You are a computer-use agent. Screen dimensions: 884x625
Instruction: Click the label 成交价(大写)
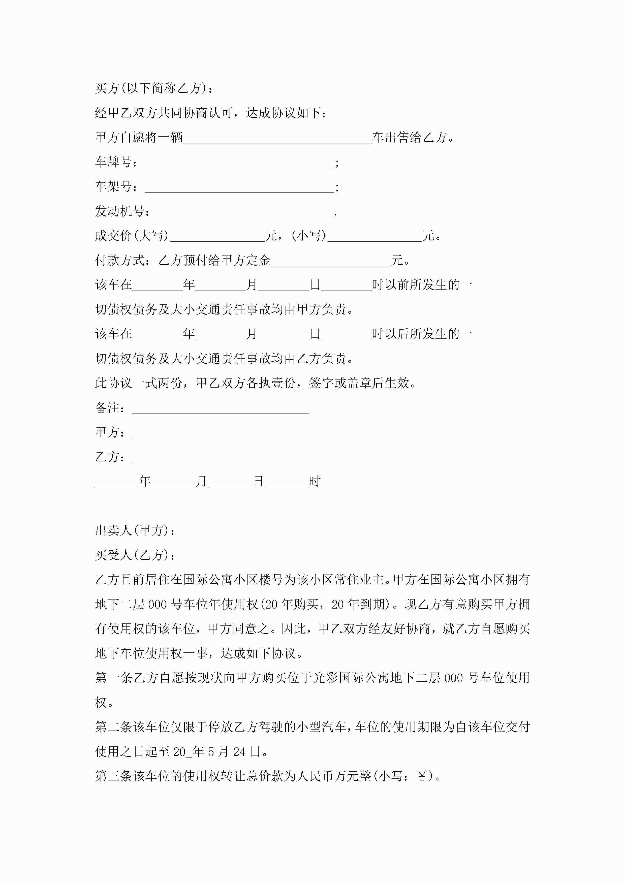coord(132,236)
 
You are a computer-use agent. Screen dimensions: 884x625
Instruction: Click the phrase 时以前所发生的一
coord(422,285)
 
